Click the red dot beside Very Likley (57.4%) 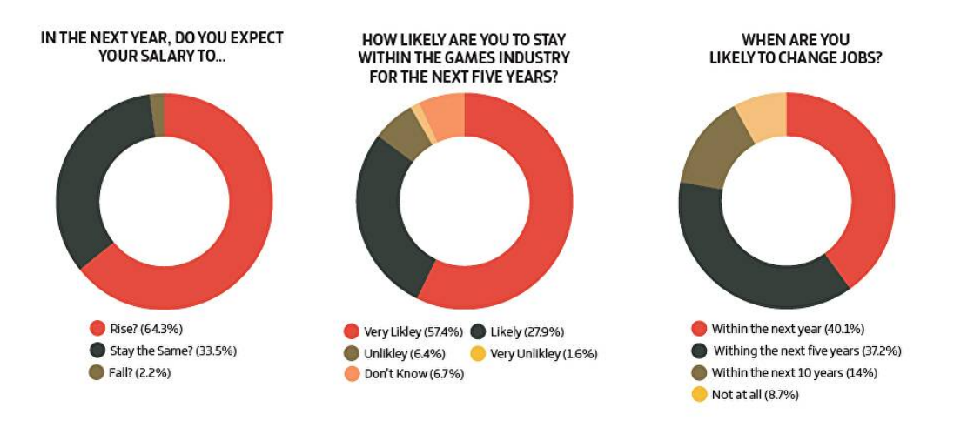(x=352, y=331)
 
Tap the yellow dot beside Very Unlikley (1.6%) (x=477, y=354)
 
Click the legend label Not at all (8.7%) (x=754, y=395)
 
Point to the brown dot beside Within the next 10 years (x=698, y=373)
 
